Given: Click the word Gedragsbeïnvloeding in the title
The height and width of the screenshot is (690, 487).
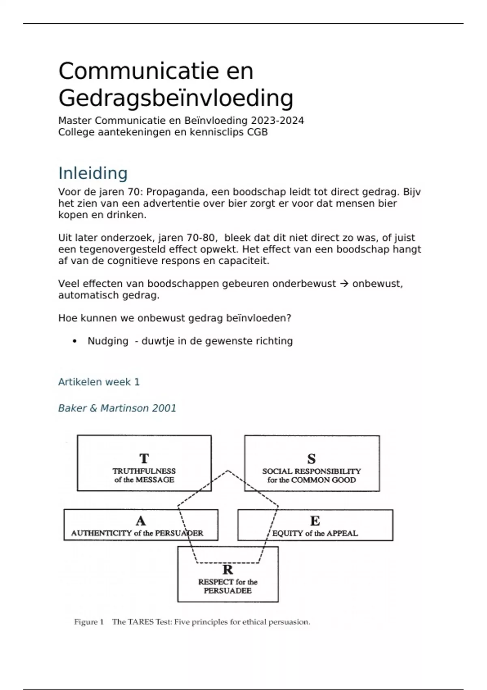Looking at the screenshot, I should (x=176, y=98).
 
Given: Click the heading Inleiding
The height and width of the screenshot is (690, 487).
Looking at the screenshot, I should (x=93, y=173).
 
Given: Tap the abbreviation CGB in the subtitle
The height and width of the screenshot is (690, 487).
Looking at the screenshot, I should (x=257, y=132).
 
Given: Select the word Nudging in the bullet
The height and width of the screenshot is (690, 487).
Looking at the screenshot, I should (x=108, y=341).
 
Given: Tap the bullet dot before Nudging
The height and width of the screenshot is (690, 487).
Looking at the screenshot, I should (x=74, y=341).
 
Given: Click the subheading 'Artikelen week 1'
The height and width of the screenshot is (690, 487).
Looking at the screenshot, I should (x=99, y=382).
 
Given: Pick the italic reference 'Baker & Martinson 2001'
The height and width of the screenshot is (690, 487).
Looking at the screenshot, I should (x=117, y=408).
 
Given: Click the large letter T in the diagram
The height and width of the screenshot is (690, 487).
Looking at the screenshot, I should (x=144, y=459).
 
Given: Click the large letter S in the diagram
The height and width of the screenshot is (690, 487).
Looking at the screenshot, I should (x=311, y=459).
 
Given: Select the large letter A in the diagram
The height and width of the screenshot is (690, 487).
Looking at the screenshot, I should (x=140, y=521).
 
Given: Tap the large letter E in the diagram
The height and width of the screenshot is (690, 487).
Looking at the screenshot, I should (x=315, y=521).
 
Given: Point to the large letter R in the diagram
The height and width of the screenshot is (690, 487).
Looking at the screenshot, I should (x=228, y=569).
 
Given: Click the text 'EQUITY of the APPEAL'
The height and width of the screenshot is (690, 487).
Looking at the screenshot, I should (x=315, y=533).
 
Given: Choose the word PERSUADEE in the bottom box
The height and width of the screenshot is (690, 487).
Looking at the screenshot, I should (x=228, y=591).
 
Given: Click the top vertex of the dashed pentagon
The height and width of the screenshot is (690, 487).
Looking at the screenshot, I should (x=228, y=471).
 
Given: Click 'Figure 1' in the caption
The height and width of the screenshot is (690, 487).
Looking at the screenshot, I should (x=89, y=622).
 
